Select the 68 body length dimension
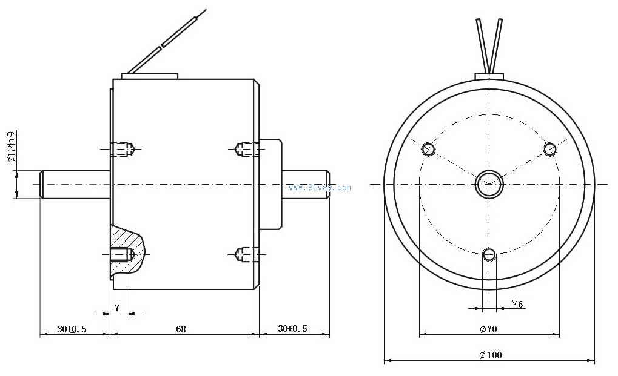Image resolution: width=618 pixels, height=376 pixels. point(181,328)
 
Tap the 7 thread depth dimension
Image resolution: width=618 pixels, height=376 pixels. point(117,308)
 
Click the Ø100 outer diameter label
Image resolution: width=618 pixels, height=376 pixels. point(491,355)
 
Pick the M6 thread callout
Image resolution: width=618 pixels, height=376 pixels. point(517,303)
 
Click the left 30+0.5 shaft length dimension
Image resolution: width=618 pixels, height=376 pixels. point(72,328)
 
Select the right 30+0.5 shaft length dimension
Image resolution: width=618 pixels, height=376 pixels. point(292,328)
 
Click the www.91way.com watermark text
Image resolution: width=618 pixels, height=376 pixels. point(320,188)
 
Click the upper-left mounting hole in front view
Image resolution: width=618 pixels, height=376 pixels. point(428,149)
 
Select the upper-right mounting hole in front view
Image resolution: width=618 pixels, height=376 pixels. point(550,149)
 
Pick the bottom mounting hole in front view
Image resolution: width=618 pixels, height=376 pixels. point(489,254)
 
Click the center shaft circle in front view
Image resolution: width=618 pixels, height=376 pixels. point(489,183)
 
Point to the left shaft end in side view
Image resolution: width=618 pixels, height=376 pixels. point(75,184)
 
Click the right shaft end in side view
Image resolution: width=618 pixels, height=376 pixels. point(306,184)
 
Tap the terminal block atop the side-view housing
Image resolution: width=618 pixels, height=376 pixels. point(150,76)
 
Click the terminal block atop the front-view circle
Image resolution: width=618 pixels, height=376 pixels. point(489,76)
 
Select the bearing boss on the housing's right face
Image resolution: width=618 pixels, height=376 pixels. point(270,184)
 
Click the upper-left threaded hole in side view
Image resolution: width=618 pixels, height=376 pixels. point(123,149)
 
